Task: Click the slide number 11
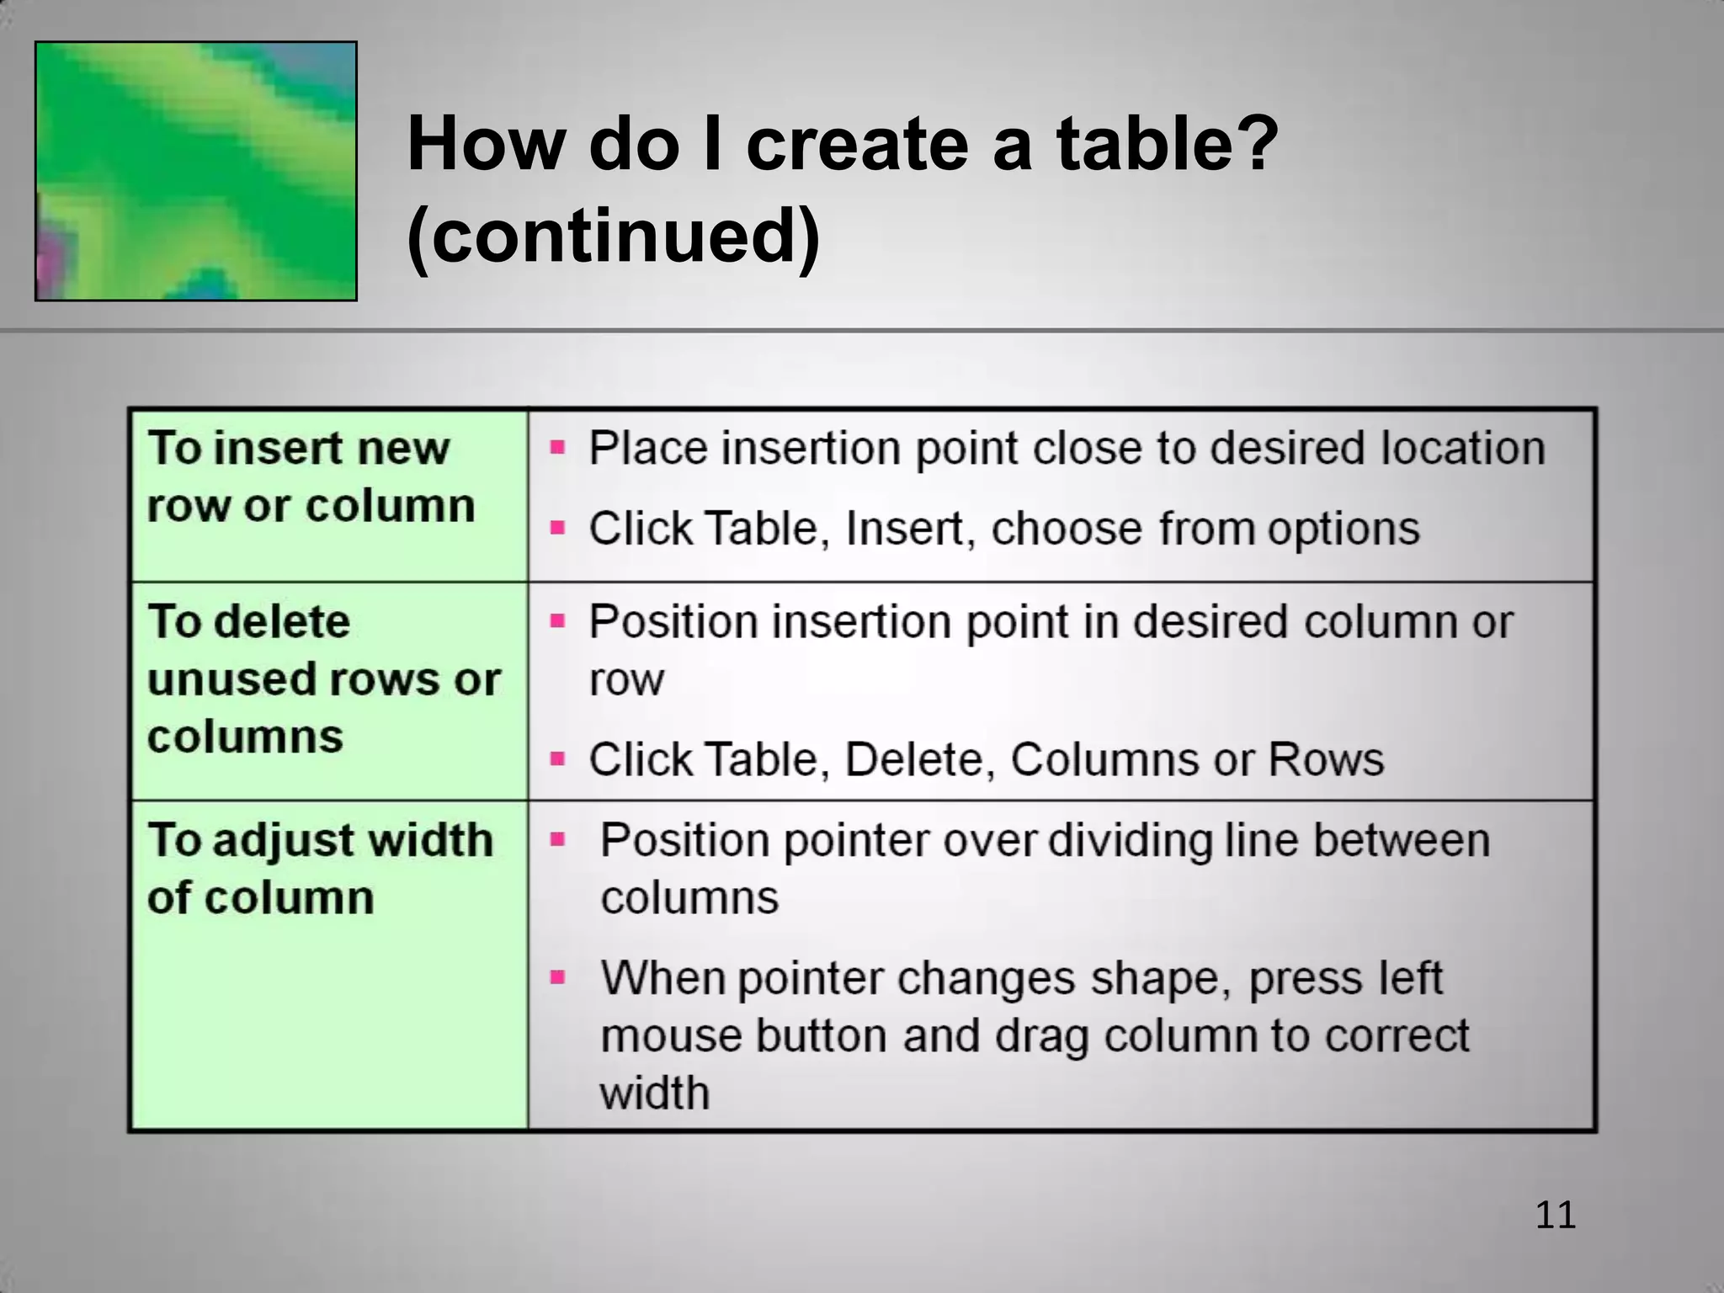1555,1216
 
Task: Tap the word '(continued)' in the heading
613,235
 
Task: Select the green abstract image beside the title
196,171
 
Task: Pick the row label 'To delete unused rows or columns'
323,678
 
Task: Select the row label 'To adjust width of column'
319,868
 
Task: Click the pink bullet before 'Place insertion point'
557,447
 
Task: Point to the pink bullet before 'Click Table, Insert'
557,528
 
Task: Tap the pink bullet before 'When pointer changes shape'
557,977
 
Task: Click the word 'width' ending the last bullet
654,1093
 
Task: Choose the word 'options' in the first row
1344,529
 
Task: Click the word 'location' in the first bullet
1462,447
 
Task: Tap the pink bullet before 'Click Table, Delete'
557,758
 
